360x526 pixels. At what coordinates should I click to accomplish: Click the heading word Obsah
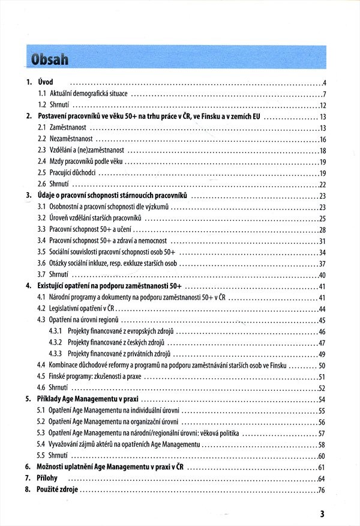pos(49,60)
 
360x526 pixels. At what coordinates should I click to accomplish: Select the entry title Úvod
pos(46,82)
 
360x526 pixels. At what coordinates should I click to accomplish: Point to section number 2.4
pos(42,162)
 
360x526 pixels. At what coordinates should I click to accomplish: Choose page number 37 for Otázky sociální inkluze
pos(322,264)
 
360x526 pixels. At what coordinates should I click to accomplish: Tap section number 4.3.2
pos(56,343)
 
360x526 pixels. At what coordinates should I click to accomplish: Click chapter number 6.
pos(28,467)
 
